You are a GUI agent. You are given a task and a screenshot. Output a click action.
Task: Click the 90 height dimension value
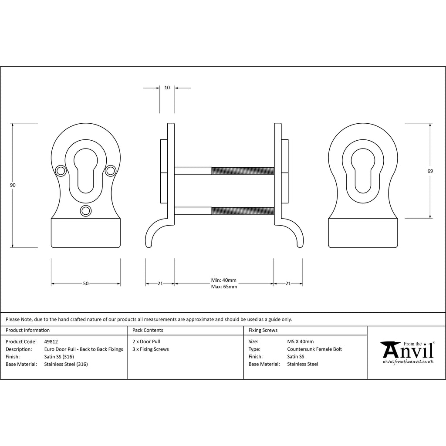(x=13, y=185)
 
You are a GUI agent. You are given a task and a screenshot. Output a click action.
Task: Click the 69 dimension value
(x=430, y=171)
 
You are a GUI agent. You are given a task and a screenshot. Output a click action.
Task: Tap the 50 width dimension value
(x=86, y=284)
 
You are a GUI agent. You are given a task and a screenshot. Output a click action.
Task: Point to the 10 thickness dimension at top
(x=167, y=88)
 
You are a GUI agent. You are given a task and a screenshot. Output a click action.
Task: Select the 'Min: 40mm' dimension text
(x=223, y=280)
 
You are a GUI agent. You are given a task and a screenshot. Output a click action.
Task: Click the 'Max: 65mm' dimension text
(x=224, y=287)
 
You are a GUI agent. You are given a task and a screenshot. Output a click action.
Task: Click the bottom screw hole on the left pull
(x=86, y=211)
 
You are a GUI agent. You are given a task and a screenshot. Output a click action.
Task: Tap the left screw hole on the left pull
(x=60, y=171)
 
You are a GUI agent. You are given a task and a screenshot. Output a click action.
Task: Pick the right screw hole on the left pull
(x=111, y=171)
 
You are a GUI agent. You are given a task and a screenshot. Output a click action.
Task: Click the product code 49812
(x=51, y=341)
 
